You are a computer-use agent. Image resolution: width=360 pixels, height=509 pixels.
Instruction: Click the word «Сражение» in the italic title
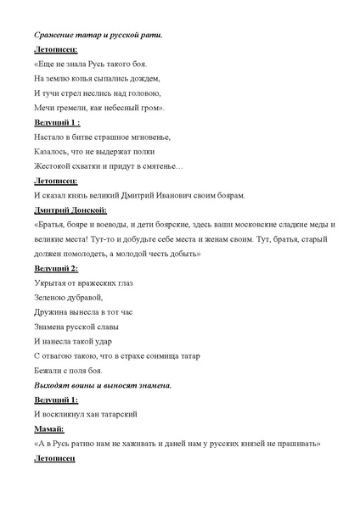(53, 35)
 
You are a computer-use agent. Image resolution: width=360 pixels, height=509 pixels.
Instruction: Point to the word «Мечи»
(45, 108)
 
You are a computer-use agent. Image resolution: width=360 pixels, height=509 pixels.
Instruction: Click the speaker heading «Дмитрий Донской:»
(70, 210)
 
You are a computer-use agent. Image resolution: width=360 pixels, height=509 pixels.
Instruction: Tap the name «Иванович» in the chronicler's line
(181, 195)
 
